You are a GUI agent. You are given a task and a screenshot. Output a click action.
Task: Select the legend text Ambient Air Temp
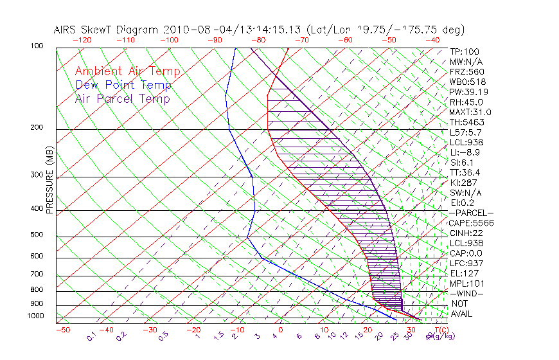127,71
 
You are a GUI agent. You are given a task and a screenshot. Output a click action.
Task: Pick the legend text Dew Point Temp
123,85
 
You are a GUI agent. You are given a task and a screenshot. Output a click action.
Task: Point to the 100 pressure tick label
37,46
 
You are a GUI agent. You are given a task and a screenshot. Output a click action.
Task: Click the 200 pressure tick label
37,127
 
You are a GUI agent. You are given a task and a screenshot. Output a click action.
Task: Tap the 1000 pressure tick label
35,316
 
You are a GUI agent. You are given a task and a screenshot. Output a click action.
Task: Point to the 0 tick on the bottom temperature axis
281,330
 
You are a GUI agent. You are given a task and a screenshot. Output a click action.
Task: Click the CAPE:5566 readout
471,223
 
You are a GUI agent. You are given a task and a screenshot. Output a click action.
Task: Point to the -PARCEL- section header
471,213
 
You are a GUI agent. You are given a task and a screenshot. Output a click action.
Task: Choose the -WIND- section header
467,293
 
